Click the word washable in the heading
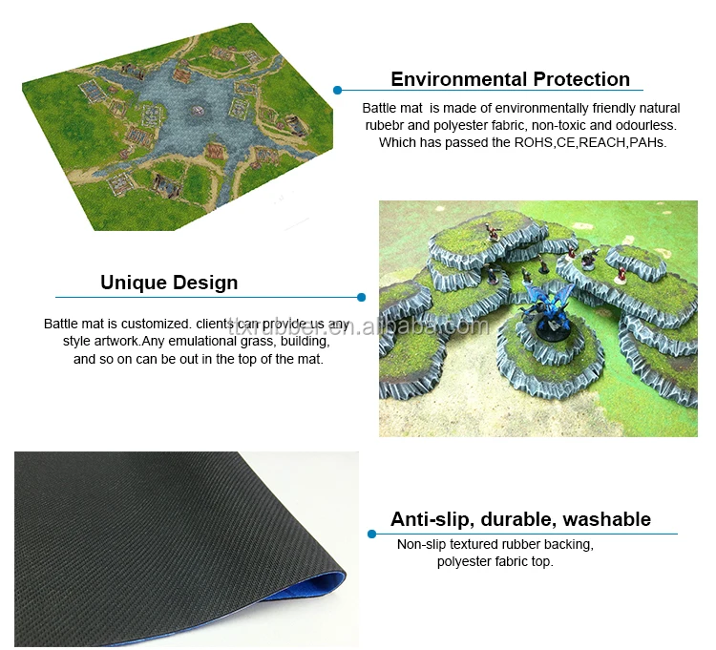click(x=607, y=520)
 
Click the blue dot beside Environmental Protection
click(x=337, y=91)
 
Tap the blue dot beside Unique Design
click(x=361, y=297)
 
